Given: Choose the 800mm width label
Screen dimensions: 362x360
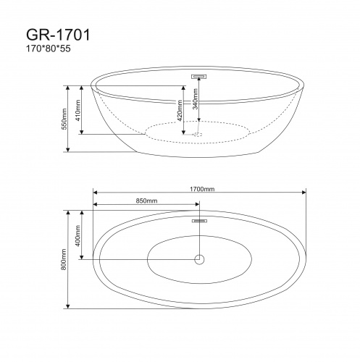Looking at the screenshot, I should pyautogui.click(x=64, y=258).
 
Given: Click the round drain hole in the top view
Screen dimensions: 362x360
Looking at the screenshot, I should pyautogui.click(x=199, y=258).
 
